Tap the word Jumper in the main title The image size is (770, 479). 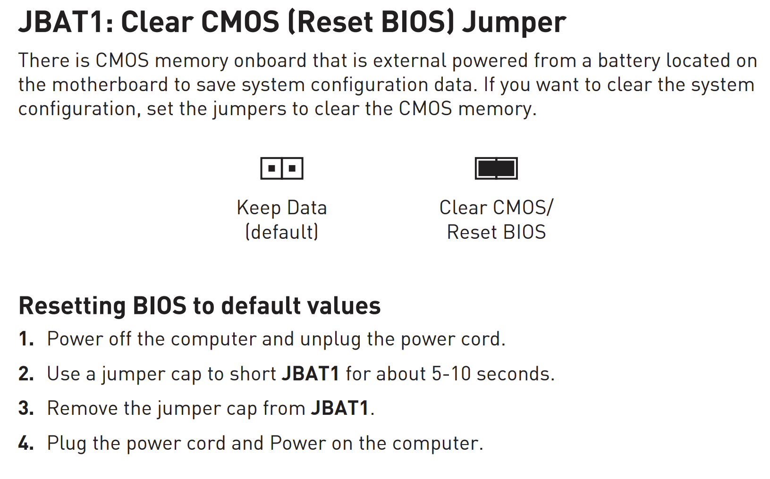[514, 24]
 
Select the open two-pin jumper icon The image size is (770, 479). [282, 168]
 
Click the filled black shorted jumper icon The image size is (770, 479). [496, 168]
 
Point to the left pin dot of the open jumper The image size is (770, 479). [271, 168]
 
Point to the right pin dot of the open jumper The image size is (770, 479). [292, 168]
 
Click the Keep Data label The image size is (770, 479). [282, 208]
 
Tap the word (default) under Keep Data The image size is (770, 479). [282, 232]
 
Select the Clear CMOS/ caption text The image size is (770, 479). [496, 208]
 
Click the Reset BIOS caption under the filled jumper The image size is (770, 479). [496, 232]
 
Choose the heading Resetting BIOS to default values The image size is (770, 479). [200, 305]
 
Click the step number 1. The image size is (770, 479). [26, 339]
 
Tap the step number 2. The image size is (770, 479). [26, 373]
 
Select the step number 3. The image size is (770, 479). [26, 408]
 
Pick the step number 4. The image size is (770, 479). [26, 443]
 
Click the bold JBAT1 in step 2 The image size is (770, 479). [310, 373]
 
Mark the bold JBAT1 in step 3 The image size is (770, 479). [339, 408]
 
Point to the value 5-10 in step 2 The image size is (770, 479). [451, 373]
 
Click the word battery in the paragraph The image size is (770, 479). [629, 61]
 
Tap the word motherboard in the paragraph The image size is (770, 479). [110, 85]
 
